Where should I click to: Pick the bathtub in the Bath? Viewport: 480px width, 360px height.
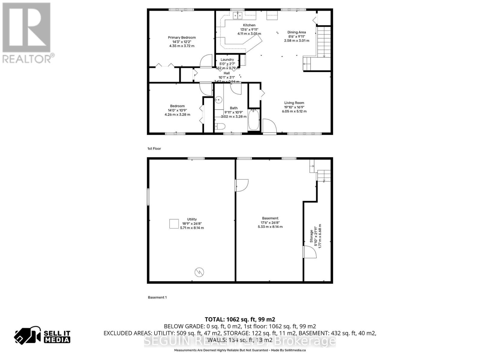pos(254,119)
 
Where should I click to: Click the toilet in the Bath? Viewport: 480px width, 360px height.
pos(220,127)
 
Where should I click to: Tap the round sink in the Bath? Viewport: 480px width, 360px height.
pos(219,100)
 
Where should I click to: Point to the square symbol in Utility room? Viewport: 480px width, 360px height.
pos(174,224)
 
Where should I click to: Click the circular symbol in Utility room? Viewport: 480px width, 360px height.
pos(199,272)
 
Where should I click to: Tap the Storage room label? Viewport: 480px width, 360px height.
pos(311,236)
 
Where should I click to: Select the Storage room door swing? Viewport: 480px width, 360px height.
pos(310,252)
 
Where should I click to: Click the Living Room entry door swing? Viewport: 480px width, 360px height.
pos(269,125)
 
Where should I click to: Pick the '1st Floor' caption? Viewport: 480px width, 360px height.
pos(154,148)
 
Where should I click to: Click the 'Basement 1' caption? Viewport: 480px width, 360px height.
pos(157,297)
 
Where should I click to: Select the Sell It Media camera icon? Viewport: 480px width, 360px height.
pos(28,335)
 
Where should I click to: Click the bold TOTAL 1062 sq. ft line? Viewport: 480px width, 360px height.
pos(240,319)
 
